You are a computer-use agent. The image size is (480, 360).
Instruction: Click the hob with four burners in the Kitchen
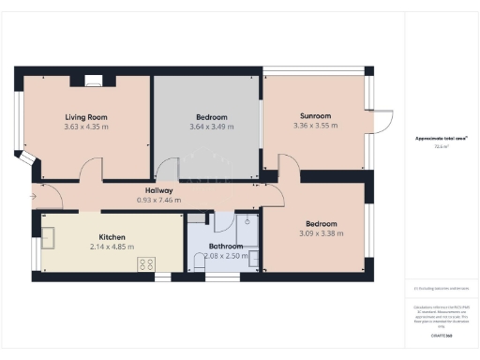(145, 263)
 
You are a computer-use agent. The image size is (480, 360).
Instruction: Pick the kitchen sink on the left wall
(48, 238)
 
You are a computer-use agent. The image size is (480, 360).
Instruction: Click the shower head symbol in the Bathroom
(247, 223)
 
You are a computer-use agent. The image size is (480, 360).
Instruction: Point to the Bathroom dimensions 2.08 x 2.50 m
(224, 255)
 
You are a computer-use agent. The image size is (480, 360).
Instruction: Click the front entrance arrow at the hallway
(33, 197)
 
